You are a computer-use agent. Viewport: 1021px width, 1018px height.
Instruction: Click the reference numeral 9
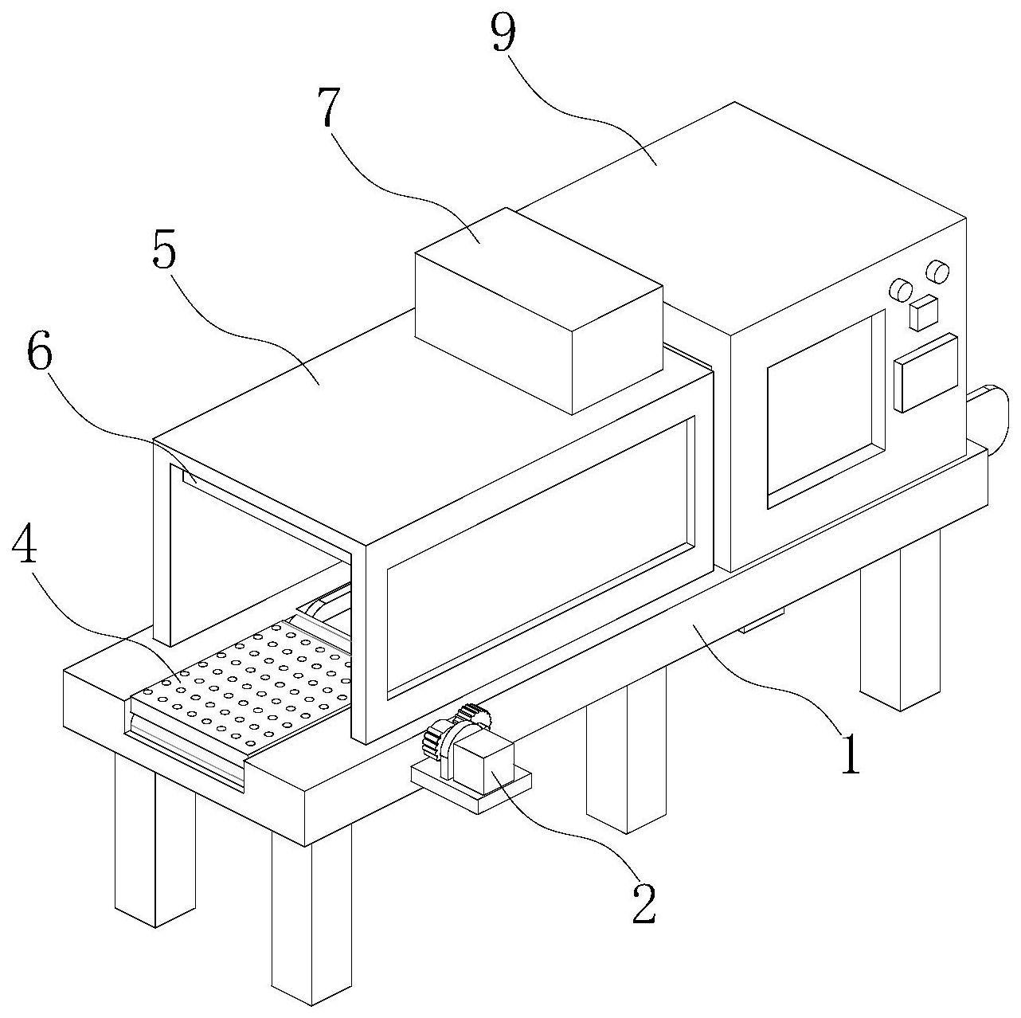(503, 33)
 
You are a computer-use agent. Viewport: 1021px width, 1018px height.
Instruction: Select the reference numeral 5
(163, 253)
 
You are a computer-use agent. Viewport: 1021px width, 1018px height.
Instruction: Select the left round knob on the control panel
(901, 289)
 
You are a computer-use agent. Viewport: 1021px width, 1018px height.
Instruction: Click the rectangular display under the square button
(925, 371)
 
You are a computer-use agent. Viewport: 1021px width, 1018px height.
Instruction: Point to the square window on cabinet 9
(825, 409)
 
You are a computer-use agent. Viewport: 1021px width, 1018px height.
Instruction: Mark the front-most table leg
(311, 916)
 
